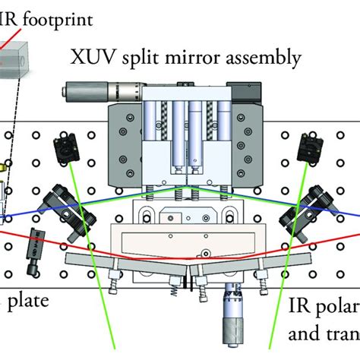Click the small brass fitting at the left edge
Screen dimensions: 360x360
point(5,164)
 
